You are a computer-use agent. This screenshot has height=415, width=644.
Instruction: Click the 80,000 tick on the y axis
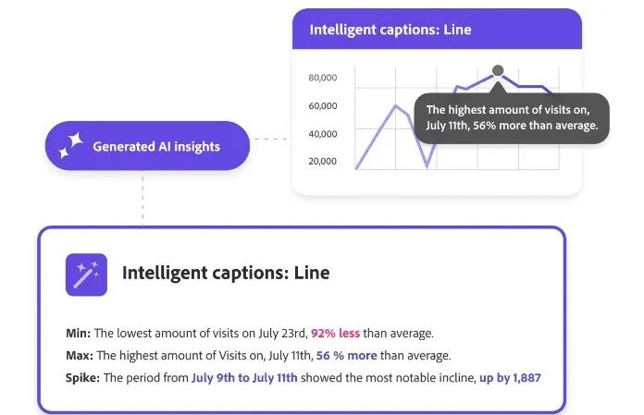[322, 78]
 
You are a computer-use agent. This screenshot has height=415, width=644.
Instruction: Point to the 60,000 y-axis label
[322, 105]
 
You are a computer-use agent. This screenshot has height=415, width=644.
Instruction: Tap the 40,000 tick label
[322, 134]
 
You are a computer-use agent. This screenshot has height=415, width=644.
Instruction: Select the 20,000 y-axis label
[322, 161]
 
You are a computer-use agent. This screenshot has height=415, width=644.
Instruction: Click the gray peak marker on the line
[498, 70]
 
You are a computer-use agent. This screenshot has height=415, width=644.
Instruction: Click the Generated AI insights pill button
[147, 146]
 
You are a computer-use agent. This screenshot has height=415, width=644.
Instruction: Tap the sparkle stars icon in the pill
[70, 146]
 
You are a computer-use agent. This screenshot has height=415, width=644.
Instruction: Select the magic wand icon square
[86, 275]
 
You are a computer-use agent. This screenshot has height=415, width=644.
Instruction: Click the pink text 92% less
[335, 333]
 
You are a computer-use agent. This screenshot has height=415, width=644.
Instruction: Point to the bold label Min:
[78, 333]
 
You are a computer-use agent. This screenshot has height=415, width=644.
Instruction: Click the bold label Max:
[80, 355]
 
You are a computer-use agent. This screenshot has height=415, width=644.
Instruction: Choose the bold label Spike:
[82, 378]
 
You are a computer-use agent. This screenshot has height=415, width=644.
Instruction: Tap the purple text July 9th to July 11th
[244, 378]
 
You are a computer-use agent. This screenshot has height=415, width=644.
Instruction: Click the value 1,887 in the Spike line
[526, 378]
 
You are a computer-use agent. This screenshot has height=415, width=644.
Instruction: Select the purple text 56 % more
[346, 355]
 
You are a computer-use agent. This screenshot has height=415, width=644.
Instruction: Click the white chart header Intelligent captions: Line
[390, 30]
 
